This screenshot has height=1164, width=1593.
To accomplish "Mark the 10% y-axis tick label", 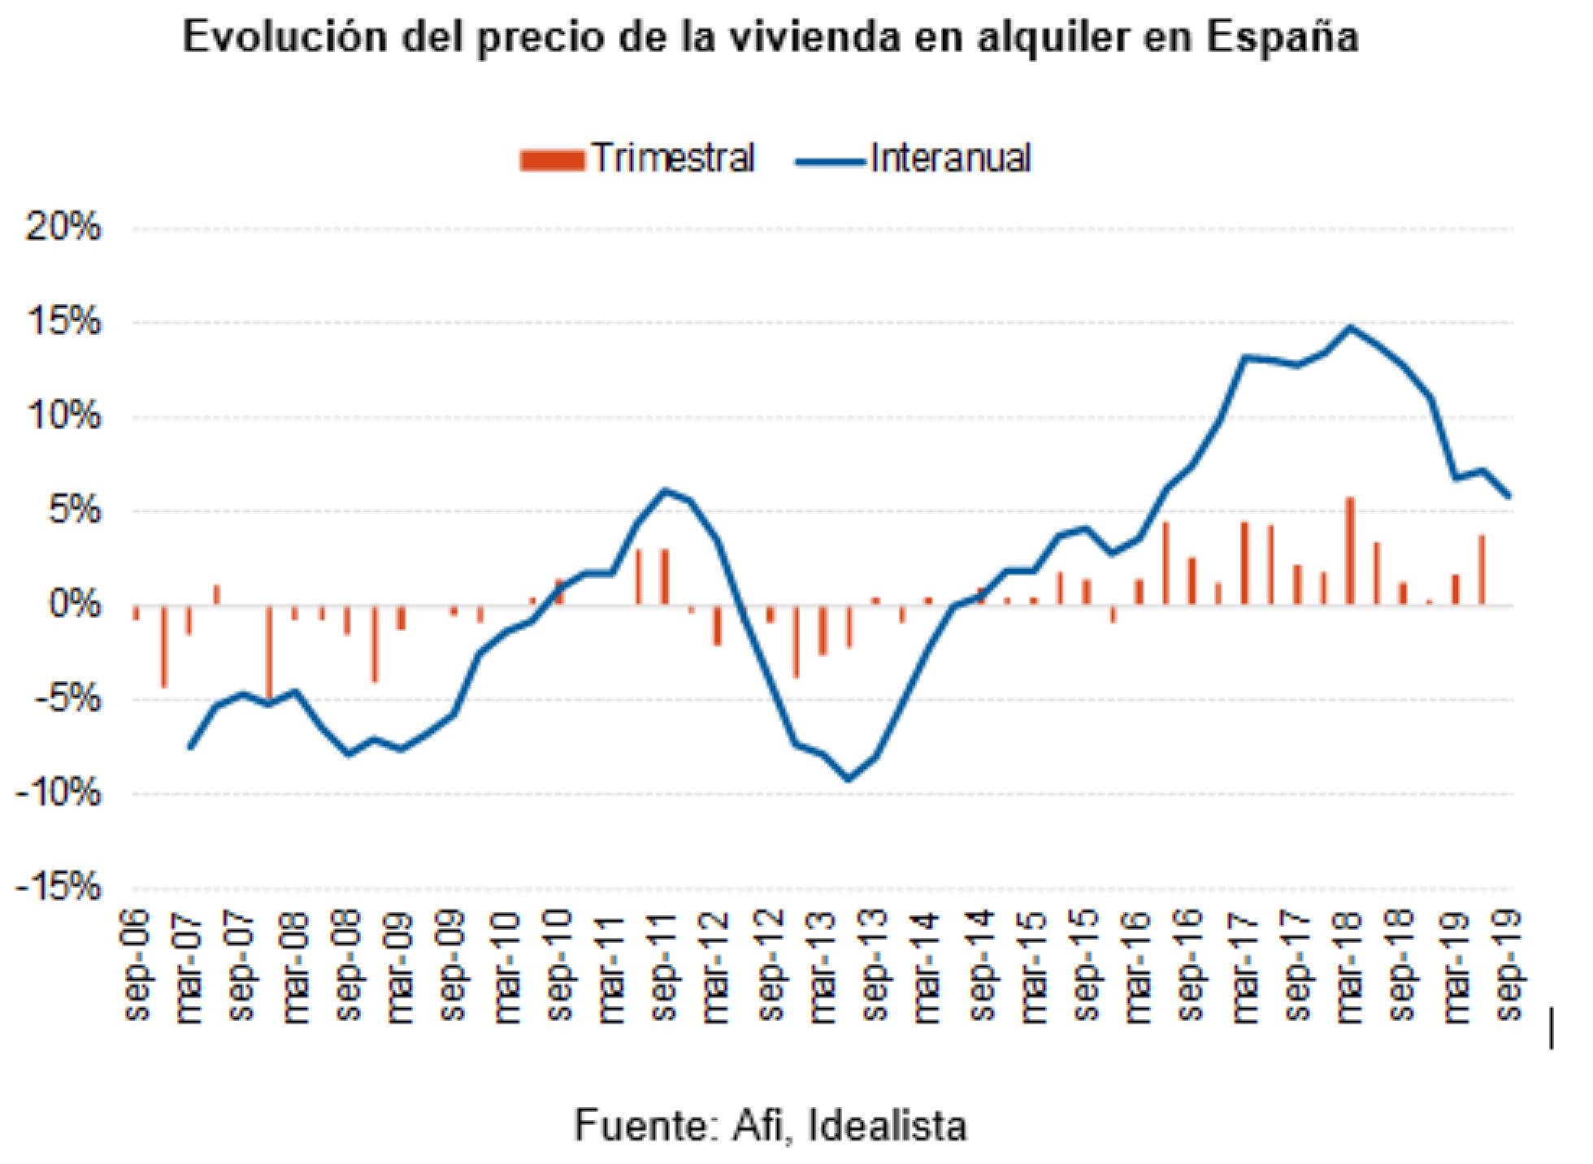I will click(x=64, y=416).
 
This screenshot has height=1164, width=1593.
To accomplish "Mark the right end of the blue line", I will click(x=1508, y=495).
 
